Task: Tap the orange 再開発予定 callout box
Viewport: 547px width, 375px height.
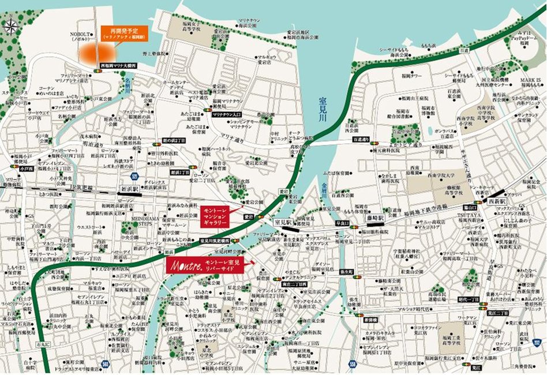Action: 122,32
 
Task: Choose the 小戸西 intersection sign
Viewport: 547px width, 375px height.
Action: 24,169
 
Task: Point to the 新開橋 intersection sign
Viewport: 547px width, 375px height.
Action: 370,318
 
